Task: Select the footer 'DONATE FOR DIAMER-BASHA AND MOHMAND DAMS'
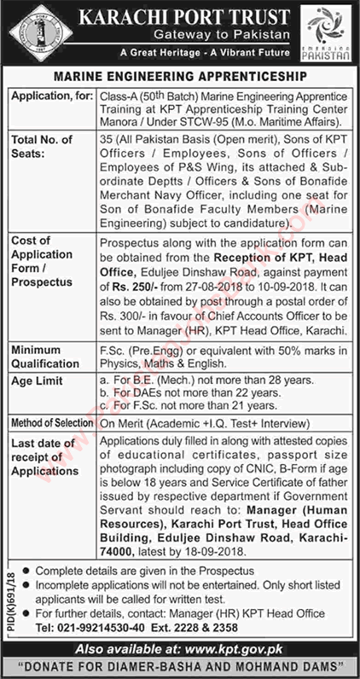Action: (180, 665)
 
